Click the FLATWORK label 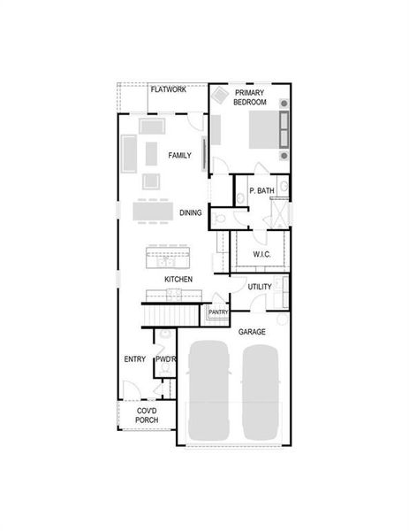coord(168,90)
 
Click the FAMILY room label coord(180,155)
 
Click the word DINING coord(191,212)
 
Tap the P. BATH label coord(261,191)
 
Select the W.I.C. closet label coord(261,255)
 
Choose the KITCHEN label coord(178,280)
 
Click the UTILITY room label coord(259,287)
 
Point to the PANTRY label coord(218,312)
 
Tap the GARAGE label coord(252,331)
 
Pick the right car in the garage coord(261,389)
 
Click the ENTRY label coord(135,358)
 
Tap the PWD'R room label coord(164,358)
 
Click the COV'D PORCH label coord(147,415)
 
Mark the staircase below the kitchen coord(172,313)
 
